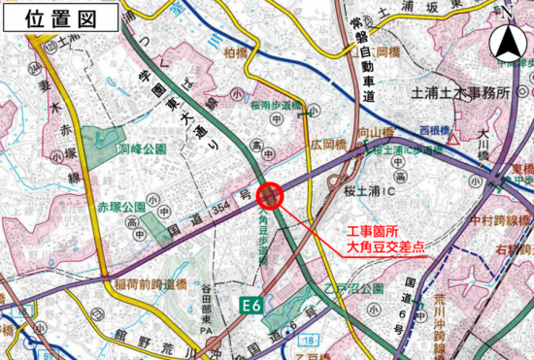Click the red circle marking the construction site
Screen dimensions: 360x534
point(269,195)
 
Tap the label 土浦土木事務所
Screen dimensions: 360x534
point(460,93)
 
